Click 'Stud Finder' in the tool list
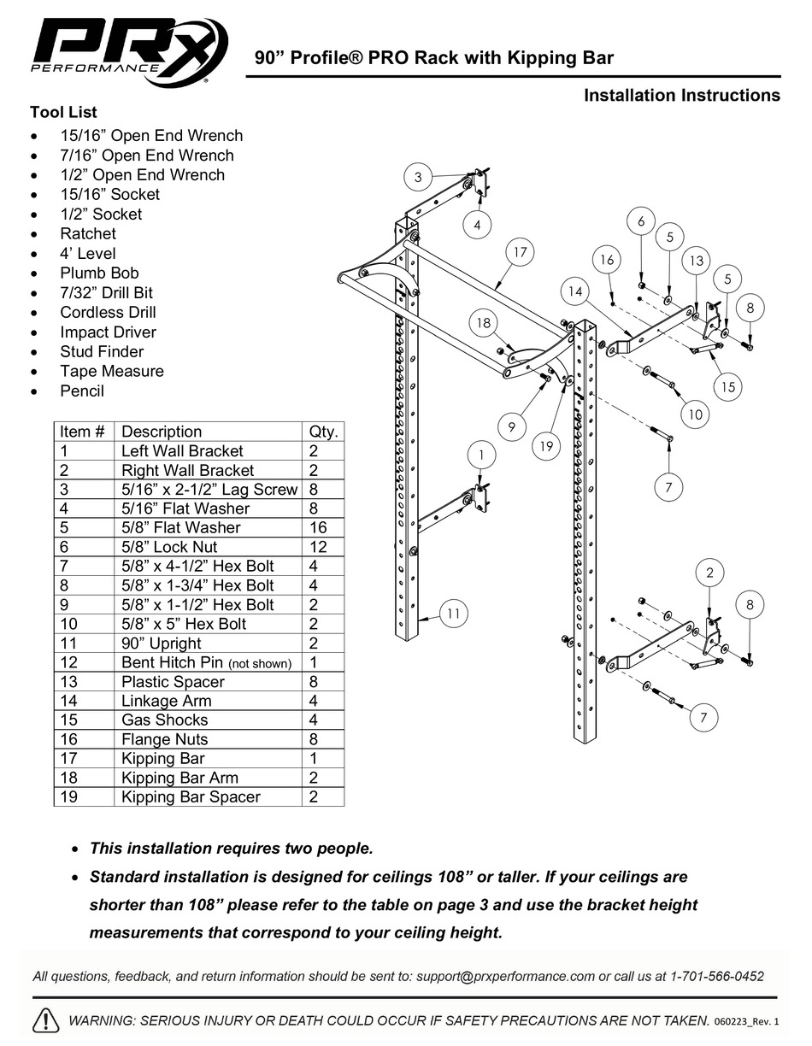[102, 352]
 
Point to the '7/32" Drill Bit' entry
[106, 293]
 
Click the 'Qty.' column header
[322, 432]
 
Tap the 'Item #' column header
[83, 432]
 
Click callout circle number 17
[519, 252]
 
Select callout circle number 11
[454, 613]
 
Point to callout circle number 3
[418, 178]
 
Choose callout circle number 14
[575, 291]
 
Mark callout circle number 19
[544, 445]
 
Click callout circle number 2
[709, 573]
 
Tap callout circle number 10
[695, 414]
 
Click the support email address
[505, 976]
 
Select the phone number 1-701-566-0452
[717, 976]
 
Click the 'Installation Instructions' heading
[681, 96]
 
